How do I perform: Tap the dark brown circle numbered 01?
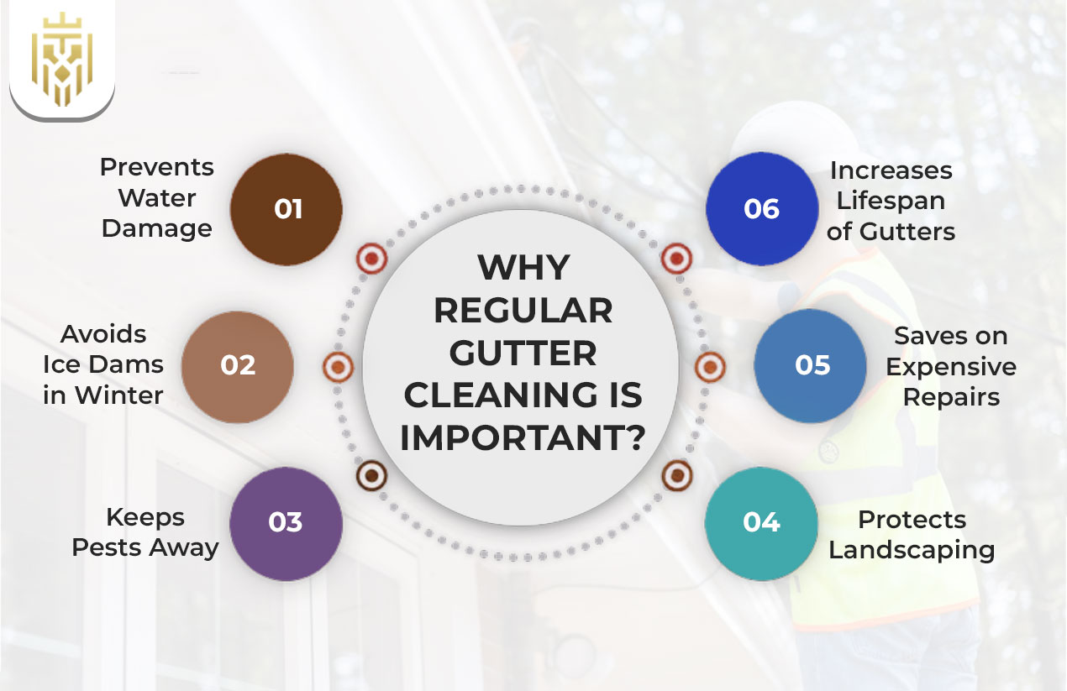click(x=286, y=208)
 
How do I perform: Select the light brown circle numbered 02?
click(x=238, y=365)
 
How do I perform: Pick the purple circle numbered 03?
click(x=286, y=522)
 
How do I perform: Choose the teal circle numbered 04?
click(x=761, y=522)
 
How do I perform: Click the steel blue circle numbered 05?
click(x=811, y=365)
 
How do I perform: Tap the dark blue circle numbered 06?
click(x=761, y=208)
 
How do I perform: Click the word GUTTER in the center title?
click(x=522, y=353)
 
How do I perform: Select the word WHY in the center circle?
click(x=523, y=268)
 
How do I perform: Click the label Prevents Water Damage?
click(x=156, y=197)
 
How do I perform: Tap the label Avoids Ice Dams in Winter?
click(x=103, y=364)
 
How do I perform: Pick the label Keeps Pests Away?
click(x=145, y=532)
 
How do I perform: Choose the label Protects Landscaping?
click(x=912, y=534)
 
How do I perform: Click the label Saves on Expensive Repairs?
click(x=951, y=365)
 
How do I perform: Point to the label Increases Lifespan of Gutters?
click(x=891, y=200)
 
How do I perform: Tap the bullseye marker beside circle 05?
click(x=710, y=366)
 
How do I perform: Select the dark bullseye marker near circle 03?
click(x=371, y=476)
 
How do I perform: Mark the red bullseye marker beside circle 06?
click(x=675, y=259)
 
